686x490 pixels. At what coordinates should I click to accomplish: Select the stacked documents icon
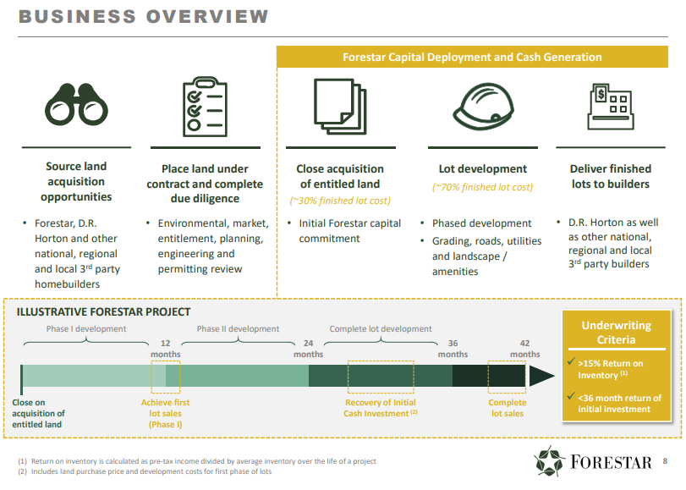(339, 104)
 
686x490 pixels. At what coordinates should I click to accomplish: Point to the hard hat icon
(483, 106)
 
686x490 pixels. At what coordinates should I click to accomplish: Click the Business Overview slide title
(143, 16)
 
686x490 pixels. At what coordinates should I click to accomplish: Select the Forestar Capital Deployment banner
(472, 58)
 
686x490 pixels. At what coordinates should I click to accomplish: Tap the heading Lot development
(482, 168)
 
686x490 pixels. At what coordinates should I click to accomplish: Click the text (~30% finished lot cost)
(339, 201)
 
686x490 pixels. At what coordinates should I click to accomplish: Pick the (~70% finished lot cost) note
(482, 187)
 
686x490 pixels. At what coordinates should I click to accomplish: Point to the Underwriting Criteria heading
(616, 333)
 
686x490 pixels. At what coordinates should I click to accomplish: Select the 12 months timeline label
(165, 348)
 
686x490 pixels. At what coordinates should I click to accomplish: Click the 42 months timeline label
(524, 348)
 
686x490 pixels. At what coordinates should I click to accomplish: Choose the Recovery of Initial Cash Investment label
(380, 408)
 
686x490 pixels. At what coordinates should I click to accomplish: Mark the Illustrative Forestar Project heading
(103, 312)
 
